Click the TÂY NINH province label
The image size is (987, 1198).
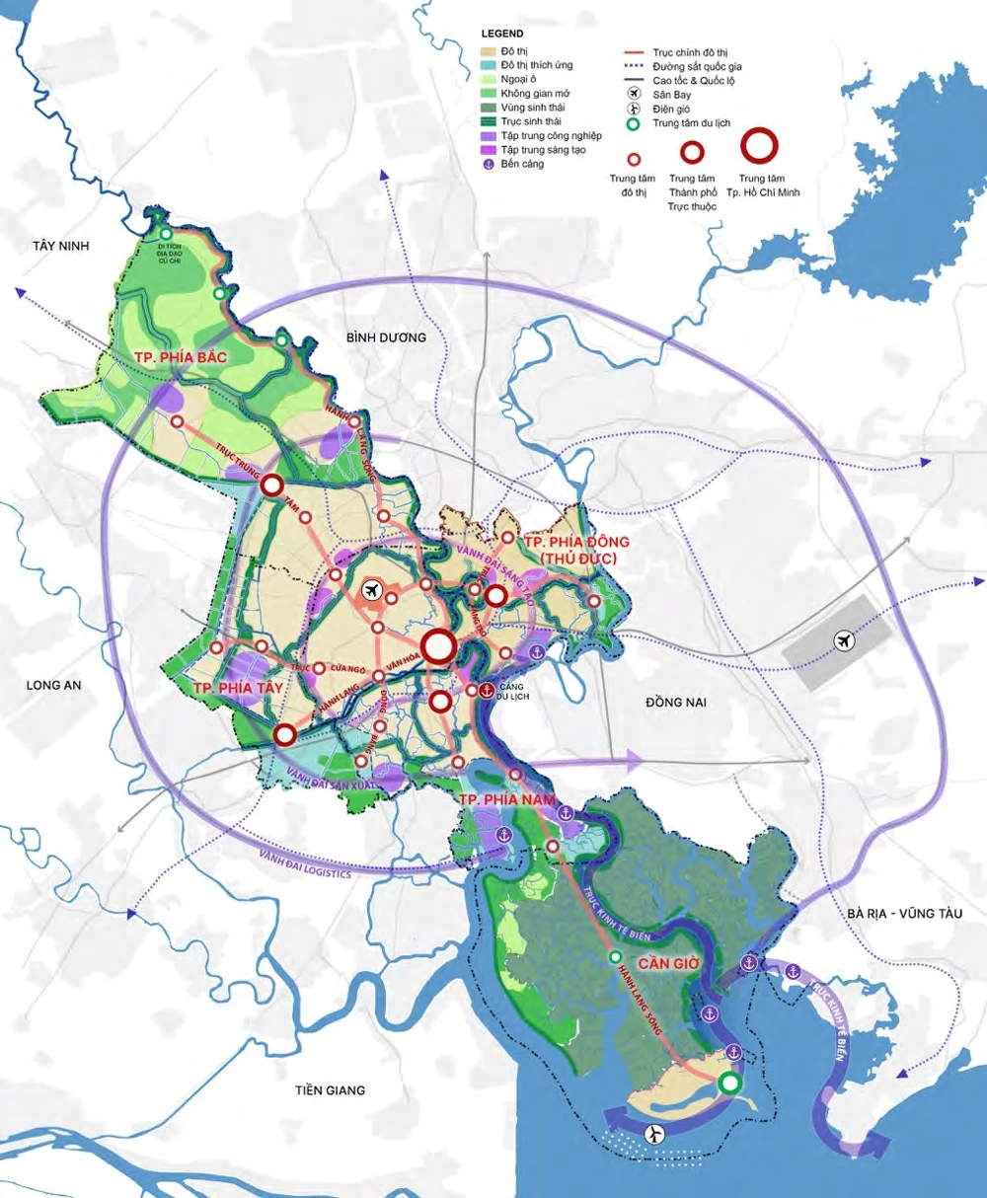(x=60, y=246)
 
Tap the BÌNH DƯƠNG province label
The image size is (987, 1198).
(x=386, y=337)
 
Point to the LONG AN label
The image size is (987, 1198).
(x=54, y=685)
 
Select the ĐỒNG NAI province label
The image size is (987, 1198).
(x=678, y=702)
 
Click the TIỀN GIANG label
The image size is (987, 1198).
(x=330, y=1090)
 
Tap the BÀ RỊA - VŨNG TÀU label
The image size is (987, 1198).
(x=904, y=914)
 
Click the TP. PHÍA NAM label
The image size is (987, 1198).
(x=508, y=798)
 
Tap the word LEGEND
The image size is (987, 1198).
(x=502, y=34)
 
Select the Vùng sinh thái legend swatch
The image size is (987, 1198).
(x=488, y=108)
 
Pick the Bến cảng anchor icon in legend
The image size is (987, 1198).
(x=488, y=164)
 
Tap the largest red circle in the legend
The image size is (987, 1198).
(x=759, y=146)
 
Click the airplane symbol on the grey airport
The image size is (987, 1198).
(x=844, y=640)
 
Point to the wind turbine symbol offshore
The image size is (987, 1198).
(x=652, y=1135)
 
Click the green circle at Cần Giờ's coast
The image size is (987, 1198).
(x=729, y=1084)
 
